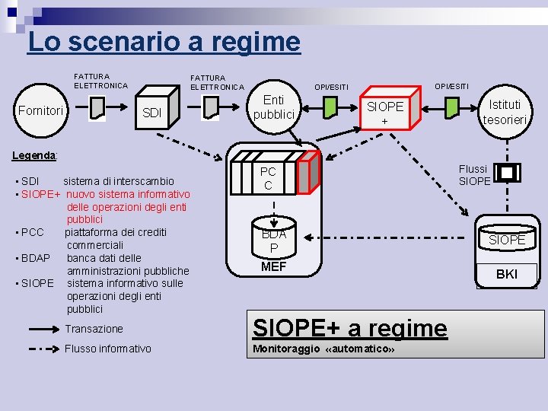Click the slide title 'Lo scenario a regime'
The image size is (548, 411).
coord(164,41)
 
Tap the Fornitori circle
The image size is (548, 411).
coord(40,111)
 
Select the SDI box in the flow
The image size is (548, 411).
coord(152,113)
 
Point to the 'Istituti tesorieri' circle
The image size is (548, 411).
coord(506,112)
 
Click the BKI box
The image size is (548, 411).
coord(506,274)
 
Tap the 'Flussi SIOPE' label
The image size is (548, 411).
coord(474,175)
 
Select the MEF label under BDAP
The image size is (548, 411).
coord(273,266)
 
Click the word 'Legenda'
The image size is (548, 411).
coord(34,155)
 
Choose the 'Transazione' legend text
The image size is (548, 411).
coord(94,329)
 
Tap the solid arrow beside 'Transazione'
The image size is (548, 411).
coord(43,329)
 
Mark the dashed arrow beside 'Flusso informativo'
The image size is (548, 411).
coord(43,349)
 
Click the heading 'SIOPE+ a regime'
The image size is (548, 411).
coord(349,328)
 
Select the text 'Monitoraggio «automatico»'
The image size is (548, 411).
coord(323,349)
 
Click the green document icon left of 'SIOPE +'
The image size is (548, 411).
coord(329,108)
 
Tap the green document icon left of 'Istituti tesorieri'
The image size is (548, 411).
coord(451,108)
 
